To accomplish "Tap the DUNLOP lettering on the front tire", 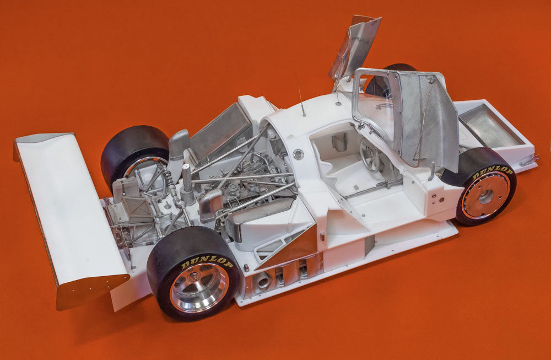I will point(492,171).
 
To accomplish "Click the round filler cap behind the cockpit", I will point(298,154).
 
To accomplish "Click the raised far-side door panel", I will point(355,47).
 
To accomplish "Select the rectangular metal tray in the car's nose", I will point(485,127).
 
